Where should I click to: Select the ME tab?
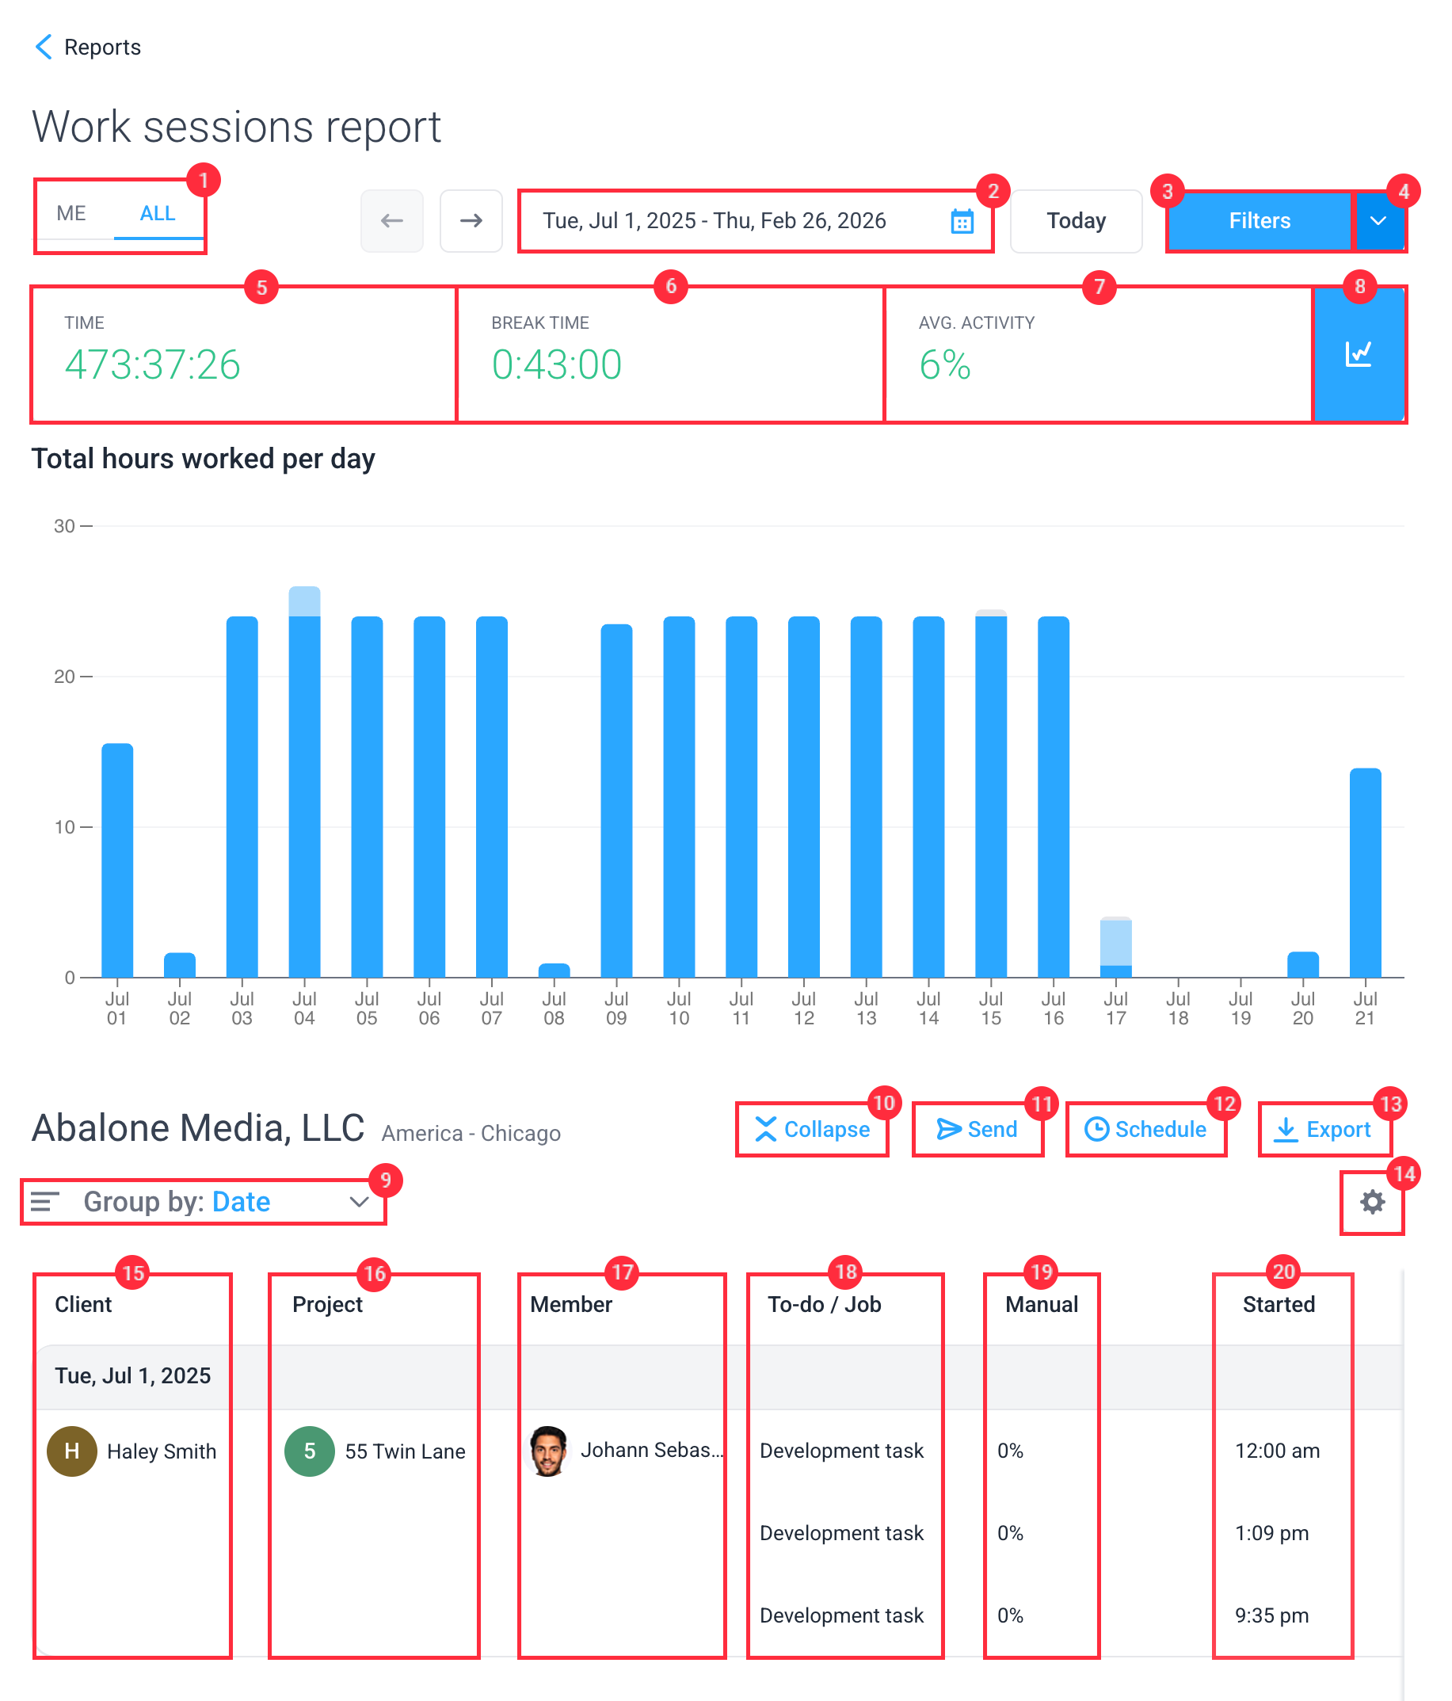point(71,213)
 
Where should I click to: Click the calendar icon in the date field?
point(961,221)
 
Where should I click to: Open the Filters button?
point(1258,221)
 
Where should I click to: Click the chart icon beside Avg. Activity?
point(1358,355)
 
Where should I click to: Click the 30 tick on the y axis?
point(65,526)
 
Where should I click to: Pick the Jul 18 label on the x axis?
point(1178,1009)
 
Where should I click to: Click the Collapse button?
point(812,1130)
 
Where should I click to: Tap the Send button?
point(977,1130)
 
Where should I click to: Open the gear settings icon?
point(1371,1203)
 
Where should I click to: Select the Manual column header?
point(1041,1305)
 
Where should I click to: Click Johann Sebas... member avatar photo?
point(548,1451)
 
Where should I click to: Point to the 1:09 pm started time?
point(1271,1533)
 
